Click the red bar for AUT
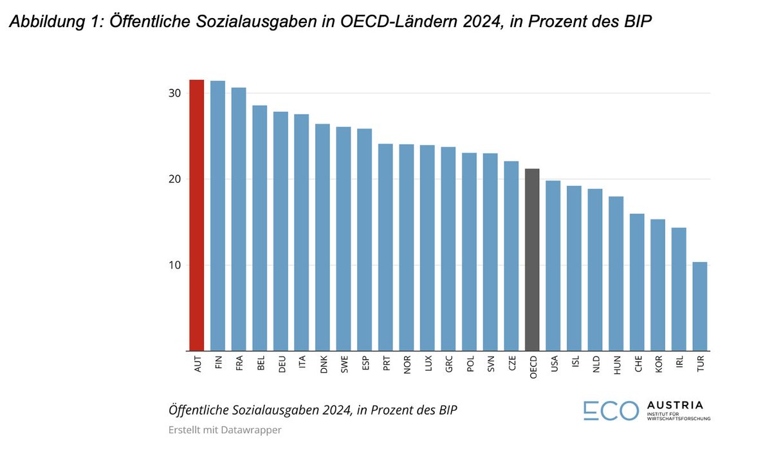point(196,215)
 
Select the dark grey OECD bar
point(532,259)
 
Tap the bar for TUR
point(700,306)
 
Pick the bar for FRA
point(239,219)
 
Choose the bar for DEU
point(280,231)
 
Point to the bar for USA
point(553,266)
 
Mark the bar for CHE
point(637,282)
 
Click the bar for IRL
point(679,289)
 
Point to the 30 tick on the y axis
point(174,93)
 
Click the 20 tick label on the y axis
point(174,179)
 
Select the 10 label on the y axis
point(174,265)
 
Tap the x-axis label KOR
point(659,364)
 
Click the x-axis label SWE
point(344,364)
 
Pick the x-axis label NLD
point(596,364)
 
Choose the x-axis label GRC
point(449,364)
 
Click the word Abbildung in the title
point(47,21)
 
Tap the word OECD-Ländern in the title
point(399,21)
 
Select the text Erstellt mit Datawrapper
point(225,430)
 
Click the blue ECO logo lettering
point(611,411)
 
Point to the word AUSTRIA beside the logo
point(675,405)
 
